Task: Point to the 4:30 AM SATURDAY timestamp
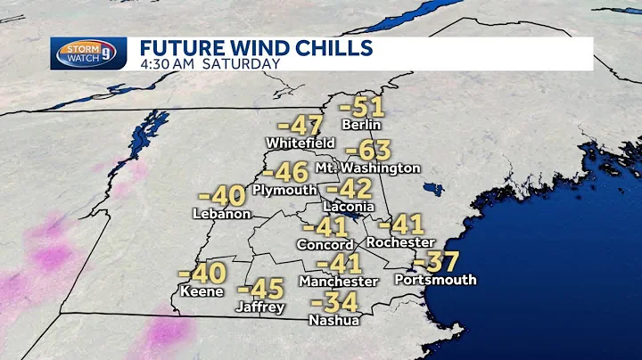click(x=210, y=64)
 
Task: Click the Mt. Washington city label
click(x=367, y=168)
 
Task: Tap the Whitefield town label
click(x=300, y=143)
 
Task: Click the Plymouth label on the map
click(x=284, y=190)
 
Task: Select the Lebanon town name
click(x=221, y=214)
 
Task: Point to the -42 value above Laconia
click(x=349, y=189)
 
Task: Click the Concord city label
click(x=326, y=244)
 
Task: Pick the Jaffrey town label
click(x=261, y=307)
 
